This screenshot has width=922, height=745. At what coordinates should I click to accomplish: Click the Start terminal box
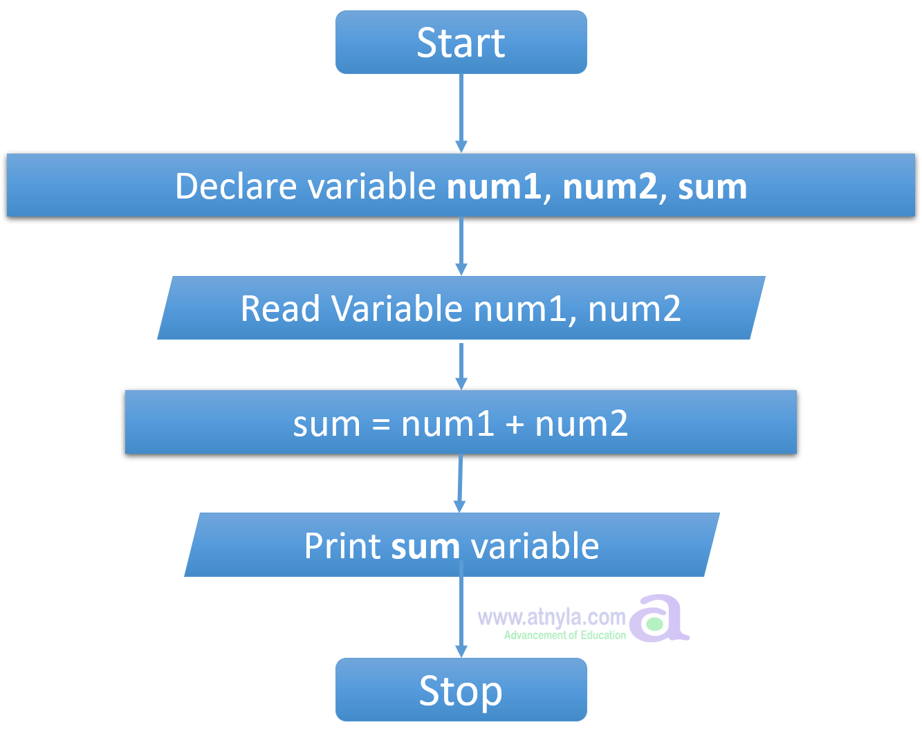(x=461, y=43)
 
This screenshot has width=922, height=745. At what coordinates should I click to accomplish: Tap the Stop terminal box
(x=461, y=690)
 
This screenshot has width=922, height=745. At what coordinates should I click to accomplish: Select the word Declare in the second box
(x=236, y=186)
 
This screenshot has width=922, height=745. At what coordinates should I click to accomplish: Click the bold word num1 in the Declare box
(x=494, y=187)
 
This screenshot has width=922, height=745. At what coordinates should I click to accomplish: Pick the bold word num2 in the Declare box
(x=609, y=187)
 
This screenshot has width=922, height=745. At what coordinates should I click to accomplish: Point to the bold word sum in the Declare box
(x=712, y=187)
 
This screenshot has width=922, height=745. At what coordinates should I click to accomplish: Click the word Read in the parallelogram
(x=280, y=309)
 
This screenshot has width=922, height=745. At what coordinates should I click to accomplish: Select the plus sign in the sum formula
(x=515, y=424)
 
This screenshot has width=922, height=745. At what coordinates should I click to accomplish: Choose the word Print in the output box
(x=342, y=546)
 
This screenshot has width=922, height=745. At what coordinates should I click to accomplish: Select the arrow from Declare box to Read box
(x=461, y=246)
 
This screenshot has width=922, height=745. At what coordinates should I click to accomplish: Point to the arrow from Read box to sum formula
(x=461, y=365)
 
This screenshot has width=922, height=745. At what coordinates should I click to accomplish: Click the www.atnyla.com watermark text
(x=551, y=616)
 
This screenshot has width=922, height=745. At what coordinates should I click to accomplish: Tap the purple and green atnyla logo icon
(x=658, y=618)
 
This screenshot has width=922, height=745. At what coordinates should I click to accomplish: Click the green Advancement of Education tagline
(x=564, y=635)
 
